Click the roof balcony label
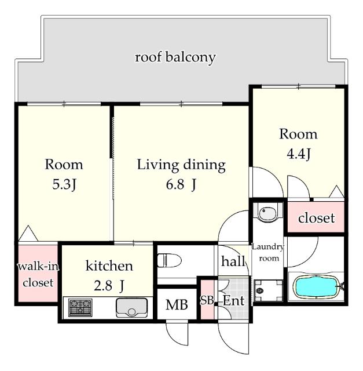click(x=175, y=57)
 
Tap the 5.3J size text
click(x=64, y=184)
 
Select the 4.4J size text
click(x=298, y=154)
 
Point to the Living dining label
click(x=181, y=165)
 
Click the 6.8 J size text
click(x=181, y=184)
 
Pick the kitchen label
click(x=109, y=265)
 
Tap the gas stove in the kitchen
click(x=80, y=308)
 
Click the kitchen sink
click(x=131, y=308)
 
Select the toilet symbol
click(x=169, y=260)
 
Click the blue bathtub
click(x=316, y=287)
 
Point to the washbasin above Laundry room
click(x=267, y=212)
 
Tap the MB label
click(x=177, y=305)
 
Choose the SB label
click(x=207, y=300)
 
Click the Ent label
click(x=233, y=300)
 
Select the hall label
click(x=233, y=261)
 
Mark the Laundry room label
click(x=268, y=252)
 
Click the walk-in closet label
click(x=38, y=274)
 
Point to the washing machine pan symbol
click(x=268, y=290)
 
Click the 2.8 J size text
click(x=109, y=286)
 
